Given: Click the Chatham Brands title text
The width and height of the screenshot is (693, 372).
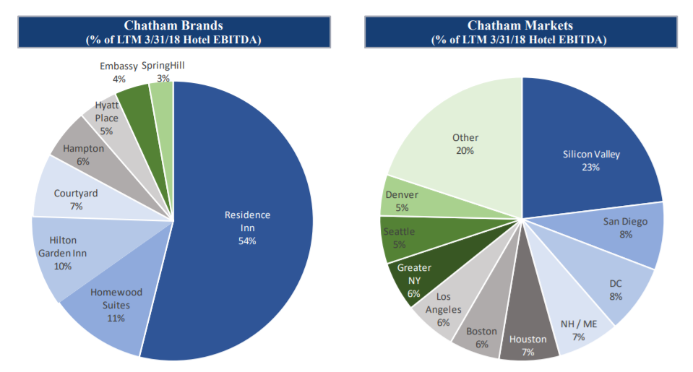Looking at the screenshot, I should (173, 25).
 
